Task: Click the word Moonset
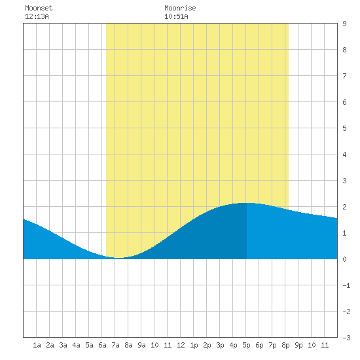(39, 8)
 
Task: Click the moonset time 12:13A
(37, 16)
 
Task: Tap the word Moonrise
(180, 8)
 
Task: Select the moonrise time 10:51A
(176, 16)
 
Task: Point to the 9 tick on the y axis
(344, 24)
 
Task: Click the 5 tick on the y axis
(344, 128)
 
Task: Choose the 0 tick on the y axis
(344, 259)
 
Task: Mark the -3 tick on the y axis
(346, 338)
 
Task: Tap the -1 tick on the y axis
(346, 285)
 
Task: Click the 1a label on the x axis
(37, 345)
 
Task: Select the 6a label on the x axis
(102, 345)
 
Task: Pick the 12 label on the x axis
(181, 345)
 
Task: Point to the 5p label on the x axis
(246, 345)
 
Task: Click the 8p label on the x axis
(285, 345)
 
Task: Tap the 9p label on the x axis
(298, 345)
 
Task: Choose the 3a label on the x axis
(63, 345)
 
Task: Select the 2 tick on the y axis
(344, 207)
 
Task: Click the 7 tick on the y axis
(344, 76)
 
